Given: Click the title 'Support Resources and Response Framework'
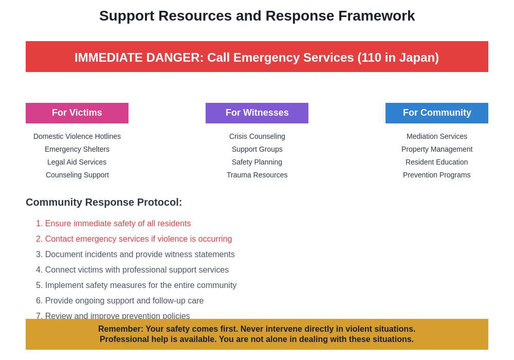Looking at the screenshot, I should (257, 16).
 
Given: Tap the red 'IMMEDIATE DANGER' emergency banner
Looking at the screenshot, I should (257, 57).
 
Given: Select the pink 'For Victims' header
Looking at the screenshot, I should (77, 113).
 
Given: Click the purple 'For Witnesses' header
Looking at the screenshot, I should (257, 113).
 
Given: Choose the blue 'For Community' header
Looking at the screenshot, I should (437, 113).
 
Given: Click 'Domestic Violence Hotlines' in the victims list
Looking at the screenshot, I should (77, 136).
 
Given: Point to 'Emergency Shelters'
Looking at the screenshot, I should (77, 149).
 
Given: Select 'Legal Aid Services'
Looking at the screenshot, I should (77, 162).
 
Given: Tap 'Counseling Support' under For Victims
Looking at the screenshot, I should (77, 175).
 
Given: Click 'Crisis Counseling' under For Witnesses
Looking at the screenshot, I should (257, 136).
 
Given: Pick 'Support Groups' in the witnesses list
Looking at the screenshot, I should (257, 149).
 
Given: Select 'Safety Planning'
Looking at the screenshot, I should (257, 162).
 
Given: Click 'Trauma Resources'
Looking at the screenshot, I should (257, 175).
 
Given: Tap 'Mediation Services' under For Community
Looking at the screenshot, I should (437, 136).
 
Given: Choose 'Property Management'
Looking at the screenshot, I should (437, 149).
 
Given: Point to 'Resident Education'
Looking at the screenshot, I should (437, 162).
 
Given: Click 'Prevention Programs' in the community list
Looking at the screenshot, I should (437, 175).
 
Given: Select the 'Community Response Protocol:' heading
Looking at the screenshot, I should (104, 202).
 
